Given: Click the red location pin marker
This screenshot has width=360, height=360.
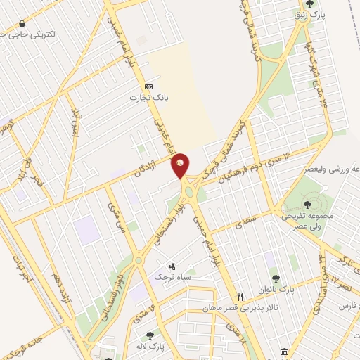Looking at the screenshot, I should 181,165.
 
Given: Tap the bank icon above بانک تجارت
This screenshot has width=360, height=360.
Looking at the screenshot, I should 148,86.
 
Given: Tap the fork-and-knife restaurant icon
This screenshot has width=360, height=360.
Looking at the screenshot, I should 240,297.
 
